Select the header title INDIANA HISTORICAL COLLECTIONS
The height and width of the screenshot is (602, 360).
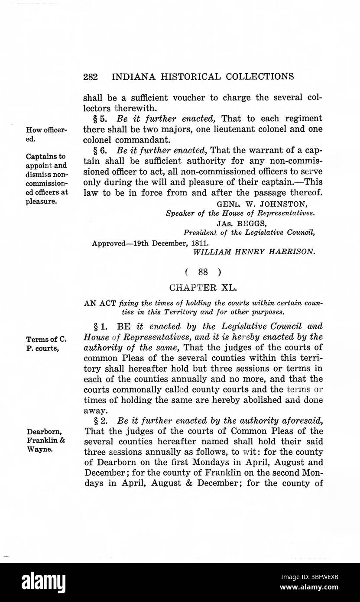[x=203, y=77]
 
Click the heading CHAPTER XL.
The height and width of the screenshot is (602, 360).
[x=203, y=287]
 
